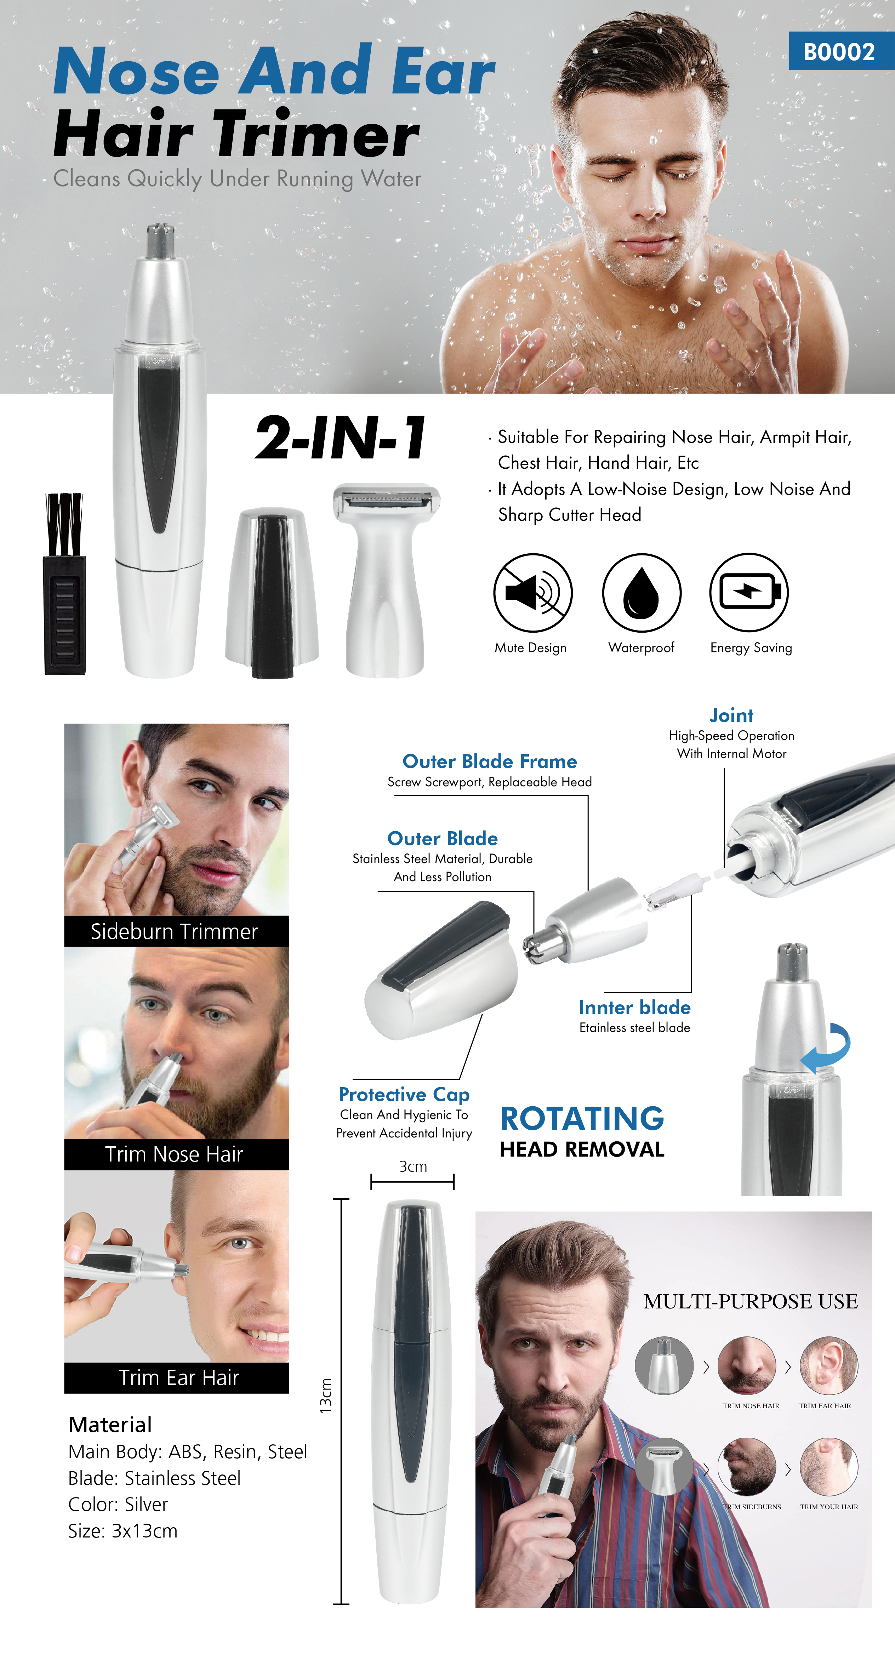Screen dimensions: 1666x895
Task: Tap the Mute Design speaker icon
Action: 533,592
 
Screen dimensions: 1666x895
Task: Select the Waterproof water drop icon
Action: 642,592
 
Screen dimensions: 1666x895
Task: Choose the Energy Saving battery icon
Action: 749,592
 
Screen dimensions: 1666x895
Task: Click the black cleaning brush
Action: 64,585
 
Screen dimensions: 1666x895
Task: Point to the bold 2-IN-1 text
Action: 341,439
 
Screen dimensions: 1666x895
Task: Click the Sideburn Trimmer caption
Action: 175,931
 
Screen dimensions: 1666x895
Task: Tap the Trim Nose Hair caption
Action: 175,1154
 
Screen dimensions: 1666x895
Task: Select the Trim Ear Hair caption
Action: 178,1377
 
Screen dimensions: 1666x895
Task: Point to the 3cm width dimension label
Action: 412,1167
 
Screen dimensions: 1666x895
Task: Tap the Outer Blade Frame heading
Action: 490,761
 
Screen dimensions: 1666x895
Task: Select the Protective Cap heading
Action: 404,1094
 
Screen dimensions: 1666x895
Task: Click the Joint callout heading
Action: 731,715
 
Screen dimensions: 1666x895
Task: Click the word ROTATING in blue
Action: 582,1119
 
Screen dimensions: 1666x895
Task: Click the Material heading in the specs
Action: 110,1425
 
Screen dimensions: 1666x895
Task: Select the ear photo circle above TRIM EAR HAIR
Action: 828,1365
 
